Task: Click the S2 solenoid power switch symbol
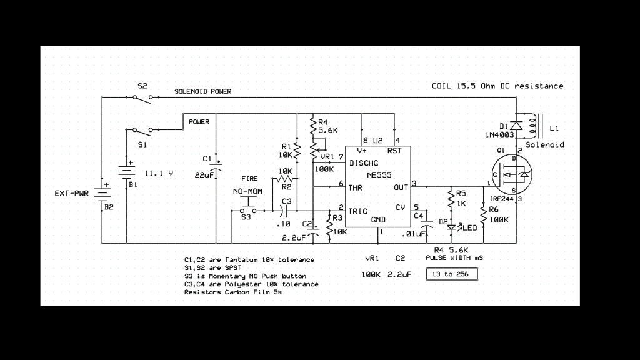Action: (x=142, y=97)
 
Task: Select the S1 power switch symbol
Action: (x=142, y=130)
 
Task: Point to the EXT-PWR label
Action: (x=72, y=193)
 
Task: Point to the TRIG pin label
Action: (x=361, y=211)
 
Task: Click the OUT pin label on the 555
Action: (x=401, y=187)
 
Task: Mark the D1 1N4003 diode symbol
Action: (x=516, y=125)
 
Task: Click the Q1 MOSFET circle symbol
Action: (x=511, y=175)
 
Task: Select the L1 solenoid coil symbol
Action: (x=533, y=127)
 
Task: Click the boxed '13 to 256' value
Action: (x=451, y=274)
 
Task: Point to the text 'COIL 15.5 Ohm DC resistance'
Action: (x=497, y=86)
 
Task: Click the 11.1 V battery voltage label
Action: (x=159, y=172)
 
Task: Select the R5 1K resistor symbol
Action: (x=450, y=199)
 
